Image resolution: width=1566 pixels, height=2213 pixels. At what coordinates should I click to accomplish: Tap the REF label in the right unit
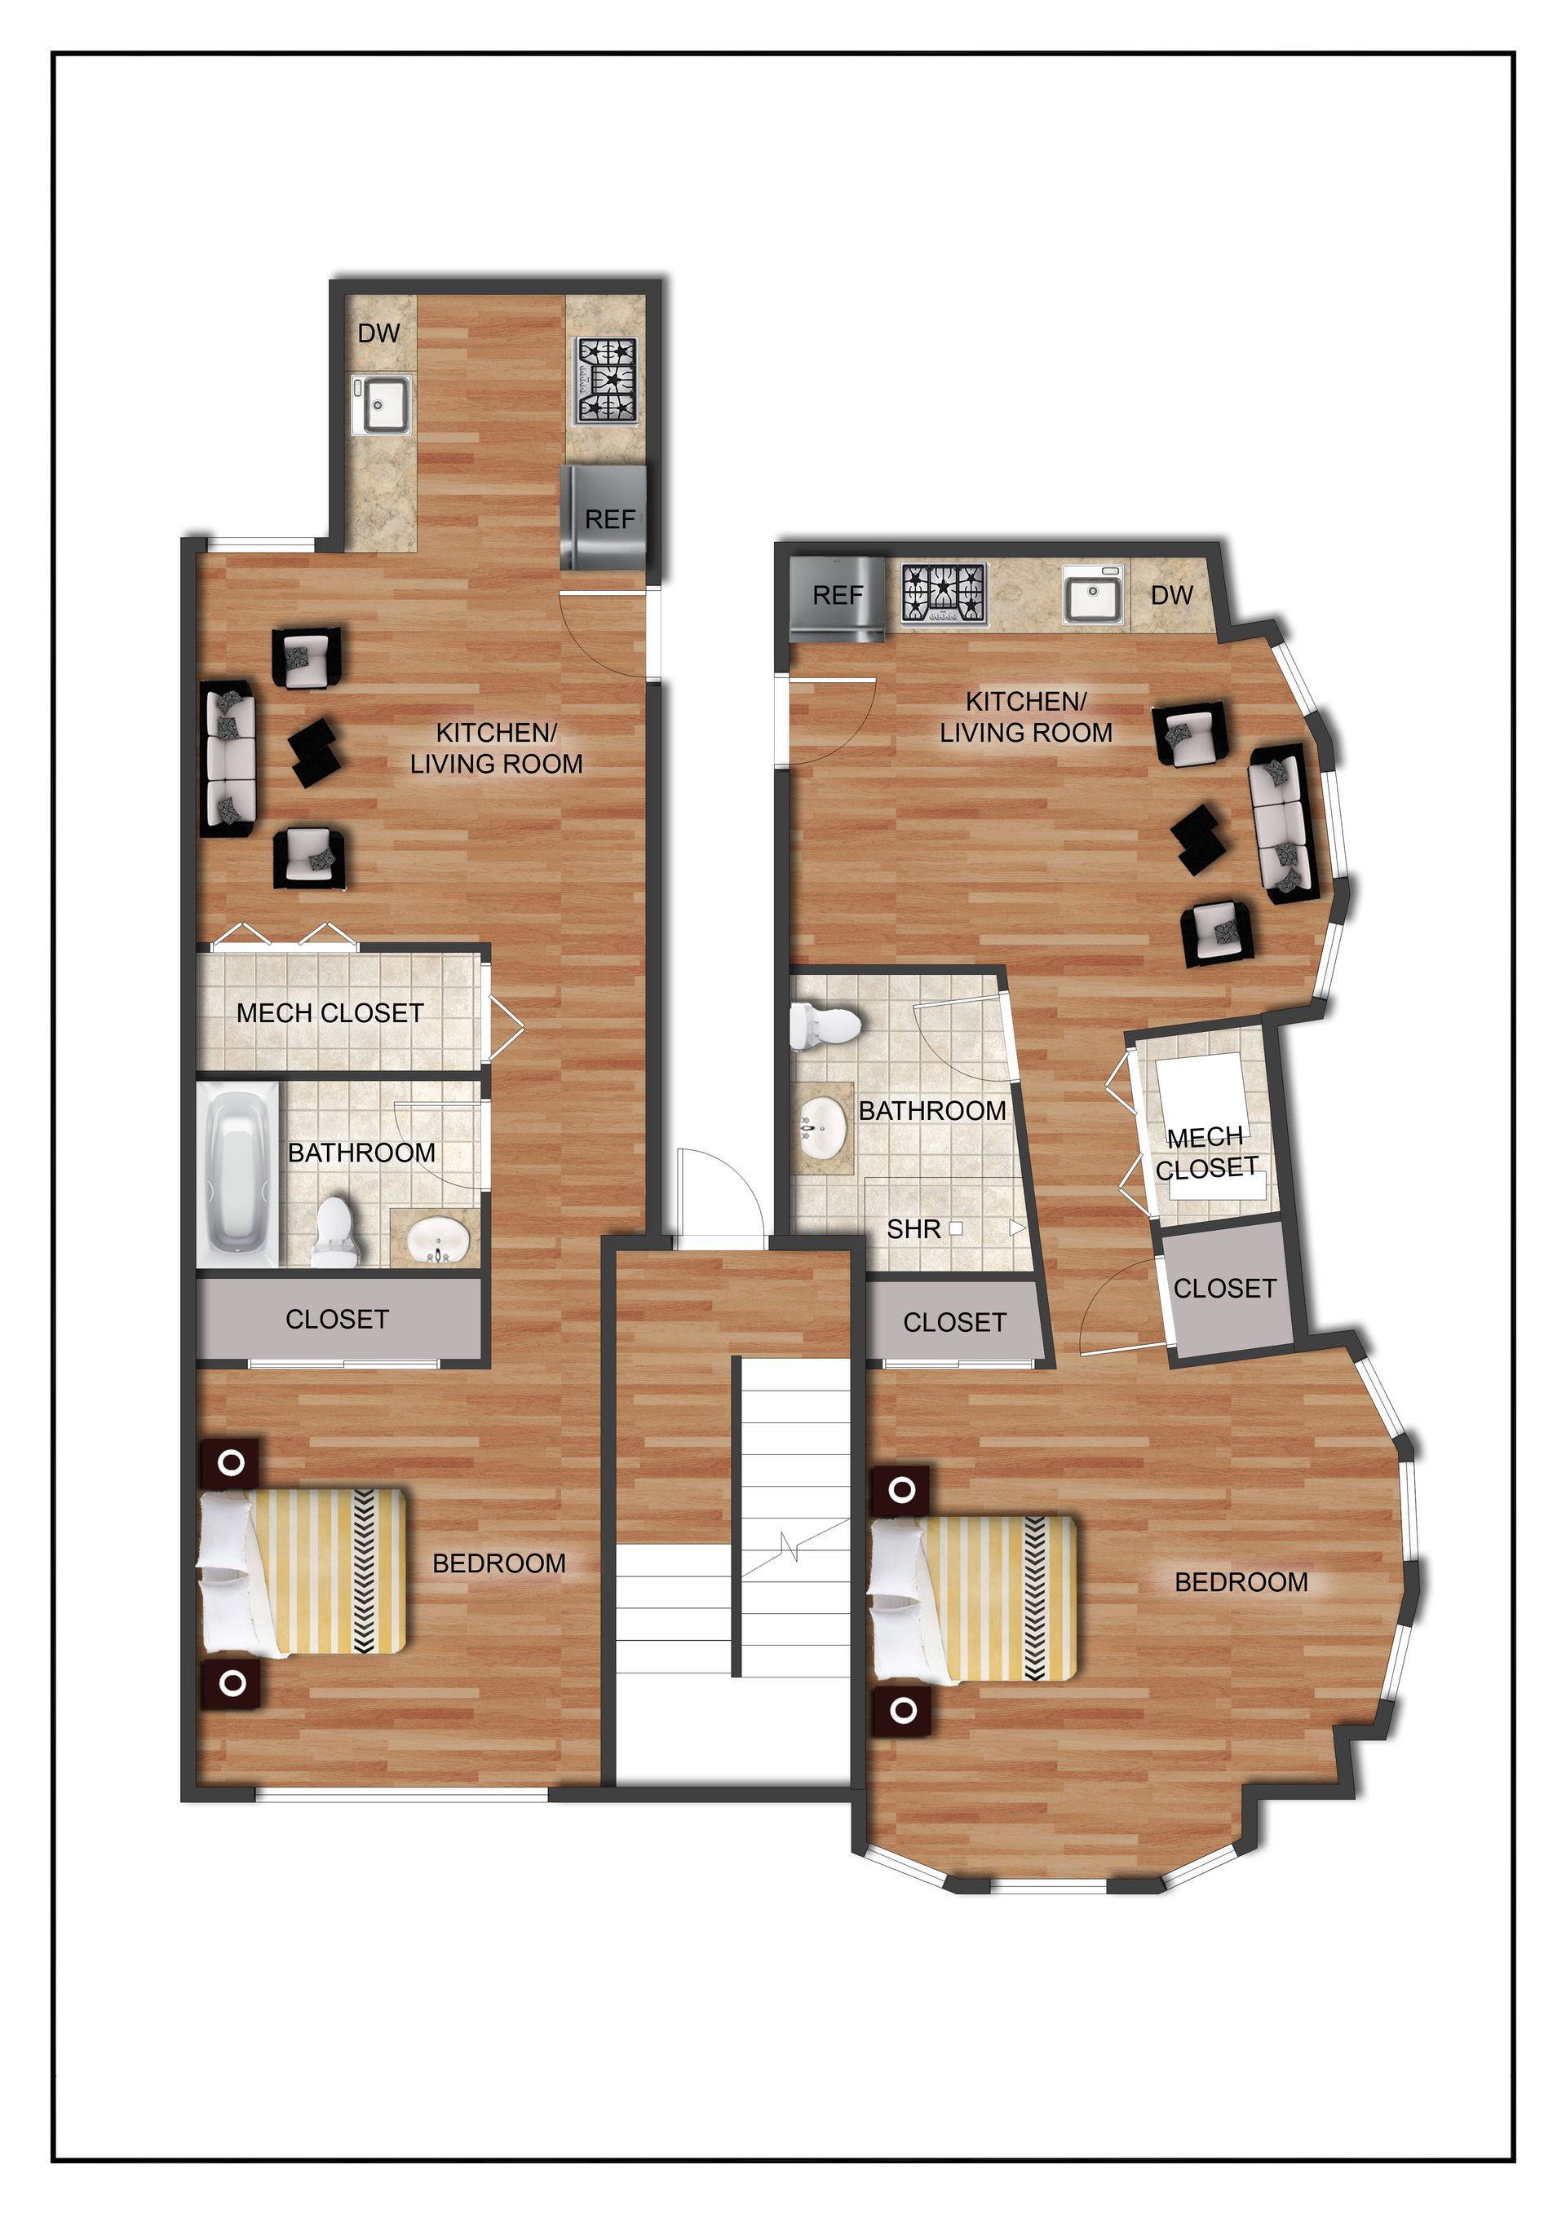coord(837,596)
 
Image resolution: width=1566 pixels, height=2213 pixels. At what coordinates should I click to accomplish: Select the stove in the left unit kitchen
coord(608,381)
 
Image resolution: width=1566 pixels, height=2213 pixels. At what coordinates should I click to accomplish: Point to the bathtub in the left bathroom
coord(237,1173)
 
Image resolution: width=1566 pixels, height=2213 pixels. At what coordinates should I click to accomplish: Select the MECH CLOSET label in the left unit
coord(330,1013)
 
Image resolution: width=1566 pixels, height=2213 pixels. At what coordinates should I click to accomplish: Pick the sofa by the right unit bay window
coord(1281,824)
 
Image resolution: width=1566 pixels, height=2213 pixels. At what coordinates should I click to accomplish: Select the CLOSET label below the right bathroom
coord(954,1322)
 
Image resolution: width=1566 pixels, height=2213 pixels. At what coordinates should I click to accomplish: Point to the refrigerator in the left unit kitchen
coord(604,518)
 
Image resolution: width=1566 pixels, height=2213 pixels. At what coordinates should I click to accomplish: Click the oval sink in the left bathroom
coord(439,1239)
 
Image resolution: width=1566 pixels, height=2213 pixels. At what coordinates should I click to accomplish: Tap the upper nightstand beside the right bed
coord(901,1490)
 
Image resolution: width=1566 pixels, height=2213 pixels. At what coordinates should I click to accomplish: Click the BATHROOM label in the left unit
coord(361,1153)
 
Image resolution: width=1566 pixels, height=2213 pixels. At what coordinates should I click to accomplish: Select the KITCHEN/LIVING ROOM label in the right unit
coord(1026,717)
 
